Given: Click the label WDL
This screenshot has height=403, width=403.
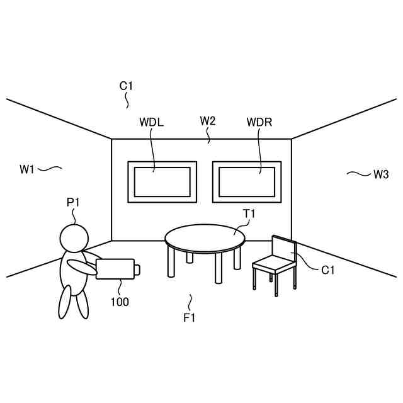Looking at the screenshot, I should (151, 122).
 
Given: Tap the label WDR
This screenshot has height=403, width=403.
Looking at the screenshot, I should (259, 122).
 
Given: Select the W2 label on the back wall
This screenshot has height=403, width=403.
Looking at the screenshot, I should (208, 120).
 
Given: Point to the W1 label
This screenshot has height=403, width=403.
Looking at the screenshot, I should (26, 169).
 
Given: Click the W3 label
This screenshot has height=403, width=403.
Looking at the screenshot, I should (381, 174).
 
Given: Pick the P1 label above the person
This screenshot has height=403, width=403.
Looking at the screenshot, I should (74, 202).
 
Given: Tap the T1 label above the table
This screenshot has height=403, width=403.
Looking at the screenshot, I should (249, 214).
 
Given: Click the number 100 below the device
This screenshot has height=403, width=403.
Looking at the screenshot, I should (120, 302).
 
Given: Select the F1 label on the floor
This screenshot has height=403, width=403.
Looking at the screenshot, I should (190, 318).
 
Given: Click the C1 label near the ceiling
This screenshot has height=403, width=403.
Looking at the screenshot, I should (127, 85).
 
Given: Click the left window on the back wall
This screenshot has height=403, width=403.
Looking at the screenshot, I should (162, 181).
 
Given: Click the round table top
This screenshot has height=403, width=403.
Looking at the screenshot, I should (205, 237).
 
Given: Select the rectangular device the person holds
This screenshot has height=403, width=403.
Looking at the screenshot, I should (115, 269).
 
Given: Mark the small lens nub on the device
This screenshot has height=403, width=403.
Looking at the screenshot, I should (137, 269).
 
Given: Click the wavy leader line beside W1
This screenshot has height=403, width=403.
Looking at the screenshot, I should (51, 168).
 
